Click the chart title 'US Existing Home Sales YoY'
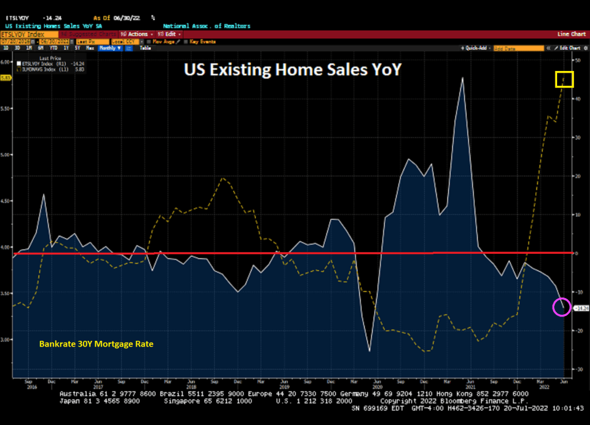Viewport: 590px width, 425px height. click(x=292, y=69)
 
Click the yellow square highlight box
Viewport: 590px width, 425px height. click(x=565, y=79)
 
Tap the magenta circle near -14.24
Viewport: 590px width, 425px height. click(x=562, y=307)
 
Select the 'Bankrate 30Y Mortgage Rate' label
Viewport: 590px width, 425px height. click(x=96, y=344)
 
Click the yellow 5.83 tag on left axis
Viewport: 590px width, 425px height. click(x=6, y=78)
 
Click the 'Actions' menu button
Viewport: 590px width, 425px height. click(x=137, y=34)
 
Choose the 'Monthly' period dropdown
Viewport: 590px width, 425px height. click(x=109, y=48)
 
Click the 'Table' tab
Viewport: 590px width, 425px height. click(x=146, y=48)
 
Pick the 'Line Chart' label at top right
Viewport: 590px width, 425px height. click(x=572, y=34)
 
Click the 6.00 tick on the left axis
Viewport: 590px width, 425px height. click(x=5, y=62)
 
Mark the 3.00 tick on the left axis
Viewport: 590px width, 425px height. click(x=5, y=340)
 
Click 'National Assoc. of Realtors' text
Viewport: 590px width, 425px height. click(x=206, y=27)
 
